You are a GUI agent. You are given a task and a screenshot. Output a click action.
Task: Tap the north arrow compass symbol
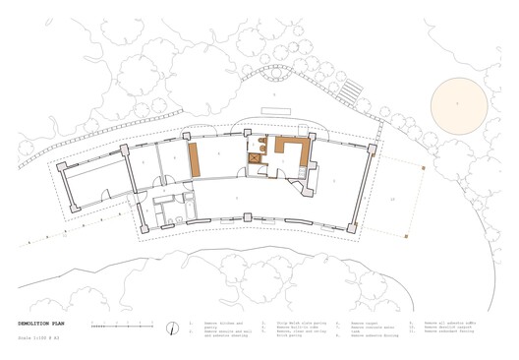tap(173, 328)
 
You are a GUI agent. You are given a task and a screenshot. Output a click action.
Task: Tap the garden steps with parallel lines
tap(345, 93)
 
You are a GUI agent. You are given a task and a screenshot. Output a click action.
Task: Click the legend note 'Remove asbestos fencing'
tap(447, 331)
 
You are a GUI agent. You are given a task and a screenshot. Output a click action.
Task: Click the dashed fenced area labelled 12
tap(393, 200)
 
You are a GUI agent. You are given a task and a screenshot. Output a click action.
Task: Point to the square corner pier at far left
tap(62, 167)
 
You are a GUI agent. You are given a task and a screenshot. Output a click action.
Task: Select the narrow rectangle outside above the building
tap(275, 110)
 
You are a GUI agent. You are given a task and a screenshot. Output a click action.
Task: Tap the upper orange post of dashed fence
tap(423, 168)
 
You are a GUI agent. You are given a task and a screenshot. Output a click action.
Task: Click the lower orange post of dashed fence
tap(406, 235)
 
